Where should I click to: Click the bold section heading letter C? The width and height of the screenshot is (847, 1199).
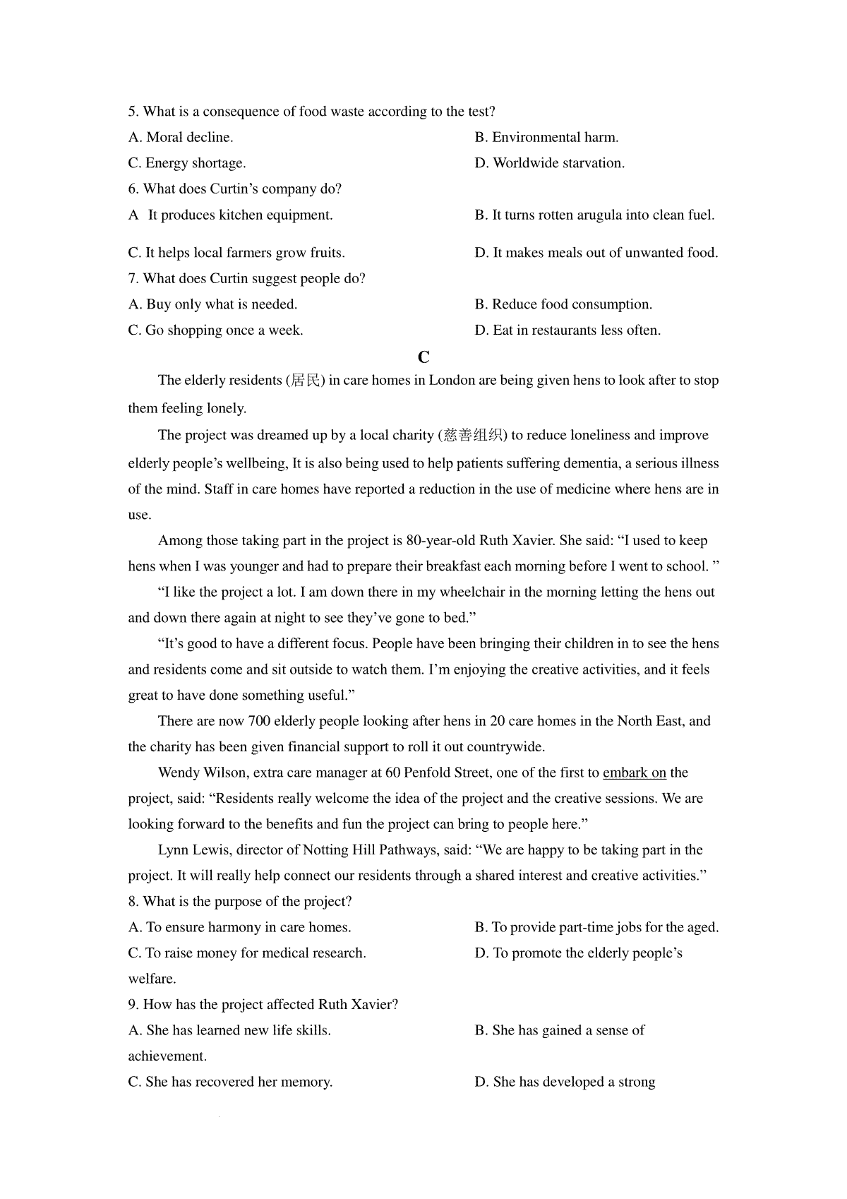tap(423, 357)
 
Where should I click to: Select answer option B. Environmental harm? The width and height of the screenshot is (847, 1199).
tap(547, 138)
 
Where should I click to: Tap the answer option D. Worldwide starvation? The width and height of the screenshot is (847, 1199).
tap(550, 163)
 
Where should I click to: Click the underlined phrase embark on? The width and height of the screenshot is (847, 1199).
tap(635, 773)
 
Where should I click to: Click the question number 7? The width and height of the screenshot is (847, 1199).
tap(132, 279)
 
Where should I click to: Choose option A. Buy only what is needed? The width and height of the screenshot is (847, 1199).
tap(212, 305)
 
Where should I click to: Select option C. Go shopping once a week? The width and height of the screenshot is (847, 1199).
tap(215, 330)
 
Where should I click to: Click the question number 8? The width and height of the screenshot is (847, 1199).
tap(132, 902)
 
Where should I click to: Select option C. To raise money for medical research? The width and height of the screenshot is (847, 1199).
tap(247, 953)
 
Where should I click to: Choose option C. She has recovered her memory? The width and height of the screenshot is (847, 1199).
tap(230, 1082)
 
